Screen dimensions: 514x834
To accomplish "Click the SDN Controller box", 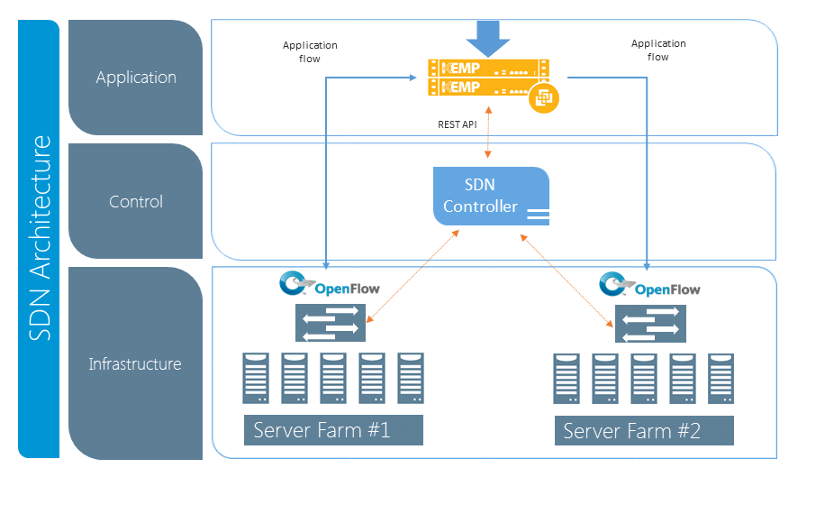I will [491, 196].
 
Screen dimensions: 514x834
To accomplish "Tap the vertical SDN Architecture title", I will [40, 239].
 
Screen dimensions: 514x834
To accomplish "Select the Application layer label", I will [136, 78].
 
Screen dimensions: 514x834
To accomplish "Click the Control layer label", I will [136, 201].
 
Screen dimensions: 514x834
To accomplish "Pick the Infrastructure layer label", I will [135, 364].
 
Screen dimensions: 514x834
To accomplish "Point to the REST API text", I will [458, 124].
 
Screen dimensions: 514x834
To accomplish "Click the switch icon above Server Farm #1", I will [330, 323].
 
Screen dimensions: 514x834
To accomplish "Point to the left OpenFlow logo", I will [330, 285].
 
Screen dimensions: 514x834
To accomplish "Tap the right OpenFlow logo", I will [650, 286].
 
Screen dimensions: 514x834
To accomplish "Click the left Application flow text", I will [310, 51].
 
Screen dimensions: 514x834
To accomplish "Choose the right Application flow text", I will [658, 50].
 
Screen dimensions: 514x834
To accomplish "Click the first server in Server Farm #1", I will [256, 378].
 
